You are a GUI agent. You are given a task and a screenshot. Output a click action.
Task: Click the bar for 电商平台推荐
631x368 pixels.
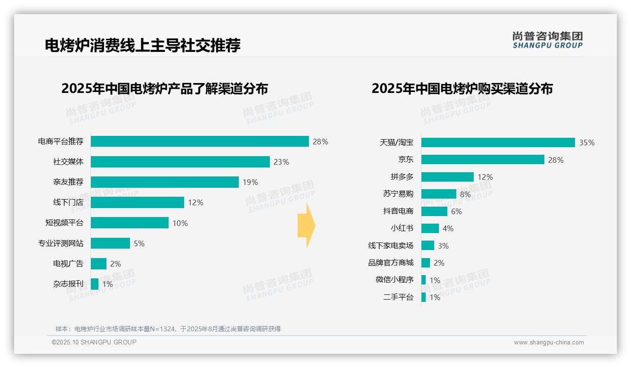(x=200, y=142)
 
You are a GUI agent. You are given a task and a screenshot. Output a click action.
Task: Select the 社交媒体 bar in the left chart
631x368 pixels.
(x=180, y=162)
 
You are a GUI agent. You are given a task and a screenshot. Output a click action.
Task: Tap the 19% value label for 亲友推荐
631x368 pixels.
(x=251, y=182)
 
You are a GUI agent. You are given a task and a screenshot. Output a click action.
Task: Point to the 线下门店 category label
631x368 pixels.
(x=68, y=202)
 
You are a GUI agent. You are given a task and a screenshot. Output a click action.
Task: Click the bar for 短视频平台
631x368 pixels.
(x=129, y=223)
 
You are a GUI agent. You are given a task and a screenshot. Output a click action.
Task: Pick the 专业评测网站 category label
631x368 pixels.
(x=61, y=243)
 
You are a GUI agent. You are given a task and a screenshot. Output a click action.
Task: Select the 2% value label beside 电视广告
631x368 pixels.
(x=116, y=264)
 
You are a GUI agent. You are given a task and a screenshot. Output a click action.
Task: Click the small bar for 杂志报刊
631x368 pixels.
(x=95, y=284)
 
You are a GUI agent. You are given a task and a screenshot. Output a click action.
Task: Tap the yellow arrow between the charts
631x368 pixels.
(x=306, y=226)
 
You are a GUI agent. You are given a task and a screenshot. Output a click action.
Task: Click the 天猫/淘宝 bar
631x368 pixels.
(x=498, y=142)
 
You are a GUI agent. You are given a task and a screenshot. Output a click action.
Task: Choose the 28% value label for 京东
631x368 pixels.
(x=556, y=160)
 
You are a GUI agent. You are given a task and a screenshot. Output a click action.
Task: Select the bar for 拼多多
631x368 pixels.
(x=447, y=177)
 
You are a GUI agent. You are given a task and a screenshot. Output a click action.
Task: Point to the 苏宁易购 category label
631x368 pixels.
(x=398, y=194)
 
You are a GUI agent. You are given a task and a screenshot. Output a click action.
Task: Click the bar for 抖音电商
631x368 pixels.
(x=434, y=211)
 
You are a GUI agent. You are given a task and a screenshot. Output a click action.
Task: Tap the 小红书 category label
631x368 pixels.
(x=402, y=228)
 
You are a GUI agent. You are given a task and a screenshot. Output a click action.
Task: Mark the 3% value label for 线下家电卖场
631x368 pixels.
(x=443, y=246)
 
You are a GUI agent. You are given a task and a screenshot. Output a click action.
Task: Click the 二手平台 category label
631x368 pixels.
(x=398, y=297)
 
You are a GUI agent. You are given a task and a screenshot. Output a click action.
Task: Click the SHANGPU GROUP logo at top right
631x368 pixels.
(x=547, y=40)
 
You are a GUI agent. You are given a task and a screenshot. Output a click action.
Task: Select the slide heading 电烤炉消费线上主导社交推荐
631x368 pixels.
(x=143, y=45)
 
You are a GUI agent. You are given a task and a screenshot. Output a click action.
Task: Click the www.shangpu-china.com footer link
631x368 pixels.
(x=549, y=343)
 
